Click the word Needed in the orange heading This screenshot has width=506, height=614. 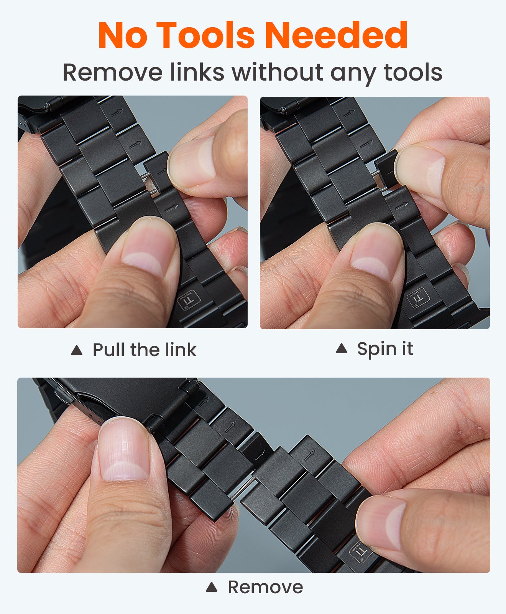coord(336,35)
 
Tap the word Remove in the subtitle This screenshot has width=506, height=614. coord(112,72)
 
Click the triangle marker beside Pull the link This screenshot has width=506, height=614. coord(77,350)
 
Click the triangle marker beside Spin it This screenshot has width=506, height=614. coord(341,348)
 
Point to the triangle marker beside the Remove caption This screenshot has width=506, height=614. coord(212,587)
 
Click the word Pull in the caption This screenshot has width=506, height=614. coord(109,350)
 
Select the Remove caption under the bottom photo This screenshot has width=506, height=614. coord(265,587)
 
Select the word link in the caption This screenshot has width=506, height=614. coord(181,350)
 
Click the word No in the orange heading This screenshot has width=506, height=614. coord(123,35)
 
